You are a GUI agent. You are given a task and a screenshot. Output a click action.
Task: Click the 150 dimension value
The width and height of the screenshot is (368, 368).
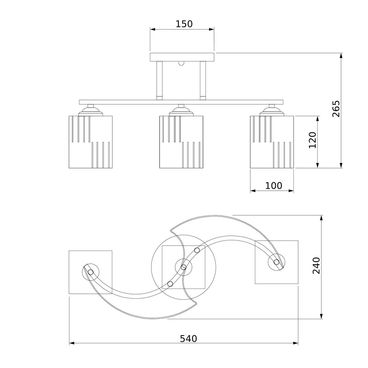184,24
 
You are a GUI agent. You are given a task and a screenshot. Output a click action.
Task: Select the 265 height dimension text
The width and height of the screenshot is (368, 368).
336,109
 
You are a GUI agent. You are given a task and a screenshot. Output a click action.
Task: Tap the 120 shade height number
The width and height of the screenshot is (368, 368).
312,140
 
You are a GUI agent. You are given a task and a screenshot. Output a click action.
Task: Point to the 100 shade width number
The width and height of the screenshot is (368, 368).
274,186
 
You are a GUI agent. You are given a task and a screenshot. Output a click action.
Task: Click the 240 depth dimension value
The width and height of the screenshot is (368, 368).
316,266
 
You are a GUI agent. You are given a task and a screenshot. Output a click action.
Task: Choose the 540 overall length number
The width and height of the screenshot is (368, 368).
188,339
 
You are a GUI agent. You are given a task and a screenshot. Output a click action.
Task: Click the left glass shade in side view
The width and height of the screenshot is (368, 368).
90,142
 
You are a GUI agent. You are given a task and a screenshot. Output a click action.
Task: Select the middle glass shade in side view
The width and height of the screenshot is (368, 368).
181,142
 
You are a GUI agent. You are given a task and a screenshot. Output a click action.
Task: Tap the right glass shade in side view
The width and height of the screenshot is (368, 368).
272,142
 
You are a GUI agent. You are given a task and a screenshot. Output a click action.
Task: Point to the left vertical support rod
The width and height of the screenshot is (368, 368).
159,81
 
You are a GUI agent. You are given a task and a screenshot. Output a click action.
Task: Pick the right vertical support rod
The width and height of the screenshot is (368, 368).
203,81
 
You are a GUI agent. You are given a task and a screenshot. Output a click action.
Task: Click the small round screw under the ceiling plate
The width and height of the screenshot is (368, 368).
181,63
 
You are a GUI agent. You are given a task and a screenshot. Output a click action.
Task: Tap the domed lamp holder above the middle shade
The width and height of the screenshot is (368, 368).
181,111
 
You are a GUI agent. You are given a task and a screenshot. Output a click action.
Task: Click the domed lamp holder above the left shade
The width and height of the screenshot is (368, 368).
90,111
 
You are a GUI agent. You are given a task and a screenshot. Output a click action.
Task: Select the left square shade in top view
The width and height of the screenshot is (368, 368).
90,272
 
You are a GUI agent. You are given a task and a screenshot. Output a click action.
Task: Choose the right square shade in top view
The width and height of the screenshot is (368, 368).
277,262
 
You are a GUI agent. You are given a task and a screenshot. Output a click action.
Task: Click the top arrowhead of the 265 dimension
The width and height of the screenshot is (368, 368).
341,56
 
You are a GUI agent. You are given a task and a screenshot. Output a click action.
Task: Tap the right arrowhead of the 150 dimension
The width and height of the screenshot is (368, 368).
211,29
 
